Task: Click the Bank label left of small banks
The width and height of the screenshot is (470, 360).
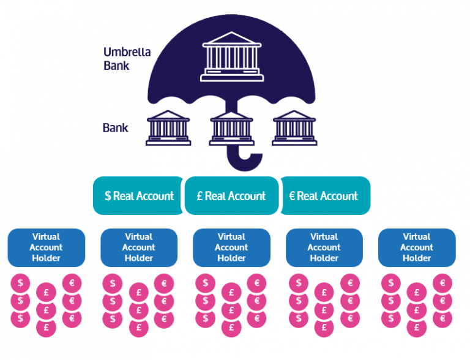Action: click(x=115, y=128)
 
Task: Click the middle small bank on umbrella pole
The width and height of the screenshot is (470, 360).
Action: click(x=231, y=128)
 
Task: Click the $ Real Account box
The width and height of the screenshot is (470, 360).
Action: click(x=139, y=196)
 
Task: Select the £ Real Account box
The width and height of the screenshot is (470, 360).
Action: click(x=231, y=196)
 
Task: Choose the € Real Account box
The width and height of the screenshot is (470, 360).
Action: click(x=324, y=196)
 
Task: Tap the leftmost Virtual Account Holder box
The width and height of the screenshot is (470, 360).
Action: click(x=46, y=247)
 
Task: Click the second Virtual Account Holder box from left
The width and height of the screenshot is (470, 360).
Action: click(x=139, y=247)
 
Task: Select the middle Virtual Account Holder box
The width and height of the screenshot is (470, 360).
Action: click(x=231, y=247)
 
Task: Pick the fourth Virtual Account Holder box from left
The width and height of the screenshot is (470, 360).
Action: click(x=324, y=247)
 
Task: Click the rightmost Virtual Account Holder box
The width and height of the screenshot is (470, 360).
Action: click(x=417, y=247)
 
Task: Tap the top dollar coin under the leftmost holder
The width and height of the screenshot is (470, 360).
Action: click(x=21, y=283)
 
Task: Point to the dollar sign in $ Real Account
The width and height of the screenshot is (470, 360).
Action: click(x=108, y=196)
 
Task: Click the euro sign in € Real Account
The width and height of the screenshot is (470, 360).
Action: click(x=292, y=196)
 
